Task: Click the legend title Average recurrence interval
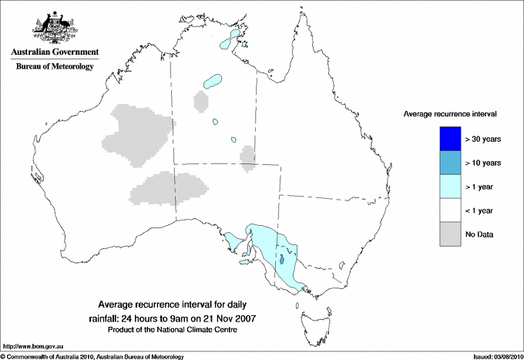[x=450, y=113]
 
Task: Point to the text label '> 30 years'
[x=483, y=140]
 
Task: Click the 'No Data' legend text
[x=479, y=234]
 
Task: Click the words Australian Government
[x=52, y=52]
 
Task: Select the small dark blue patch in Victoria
[x=284, y=260]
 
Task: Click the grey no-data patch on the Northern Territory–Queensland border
[x=248, y=156]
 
